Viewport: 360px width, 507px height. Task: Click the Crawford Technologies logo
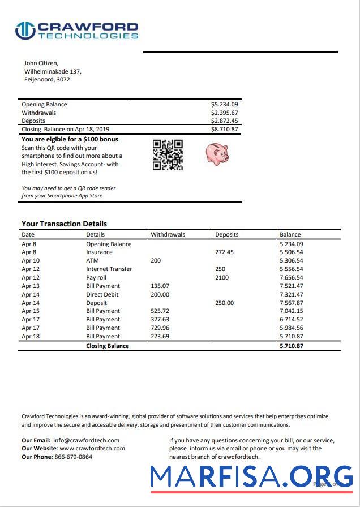pyautogui.click(x=76, y=31)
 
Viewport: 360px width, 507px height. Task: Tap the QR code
pyautogui.click(x=168, y=154)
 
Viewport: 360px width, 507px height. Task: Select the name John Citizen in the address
pyautogui.click(x=41, y=63)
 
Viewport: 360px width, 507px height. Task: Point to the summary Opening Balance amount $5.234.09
pyautogui.click(x=224, y=105)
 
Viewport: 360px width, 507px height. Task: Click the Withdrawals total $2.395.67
pyautogui.click(x=224, y=113)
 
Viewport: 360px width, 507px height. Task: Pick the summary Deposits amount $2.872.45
pyautogui.click(x=224, y=121)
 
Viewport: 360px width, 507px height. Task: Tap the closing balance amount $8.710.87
pyautogui.click(x=224, y=130)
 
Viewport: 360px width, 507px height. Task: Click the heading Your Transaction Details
pyautogui.click(x=64, y=224)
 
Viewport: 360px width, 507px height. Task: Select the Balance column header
pyautogui.click(x=290, y=234)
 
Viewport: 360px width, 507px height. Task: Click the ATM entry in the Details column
pyautogui.click(x=92, y=261)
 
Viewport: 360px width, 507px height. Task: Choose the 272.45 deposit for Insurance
pyautogui.click(x=224, y=252)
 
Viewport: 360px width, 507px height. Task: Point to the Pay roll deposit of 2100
pyautogui.click(x=222, y=278)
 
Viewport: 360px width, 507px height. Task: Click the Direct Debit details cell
pyautogui.click(x=102, y=294)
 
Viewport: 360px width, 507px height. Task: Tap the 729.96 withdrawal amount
pyautogui.click(x=160, y=328)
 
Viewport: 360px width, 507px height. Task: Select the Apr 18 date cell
pyautogui.click(x=31, y=336)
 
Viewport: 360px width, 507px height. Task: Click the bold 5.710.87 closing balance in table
pyautogui.click(x=291, y=346)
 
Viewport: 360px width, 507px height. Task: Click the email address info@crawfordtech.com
pyautogui.click(x=86, y=440)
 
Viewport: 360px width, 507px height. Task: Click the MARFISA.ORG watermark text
pyautogui.click(x=251, y=476)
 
